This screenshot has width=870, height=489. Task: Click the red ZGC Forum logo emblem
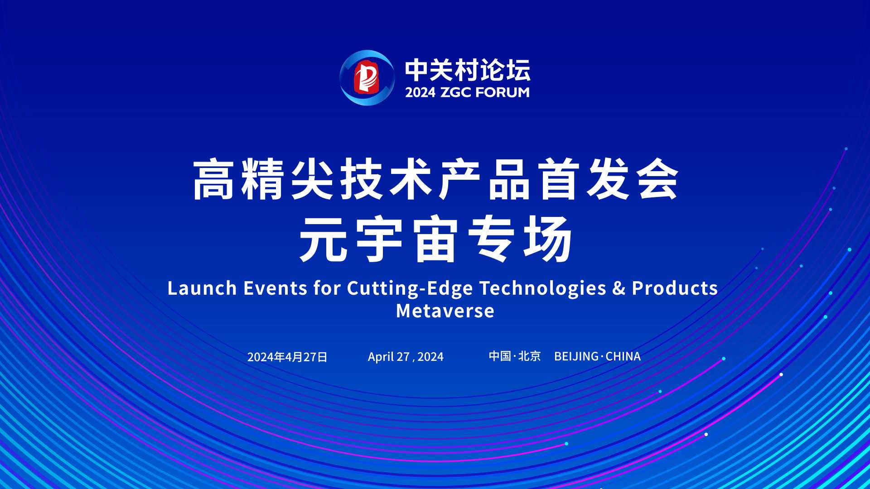(x=367, y=78)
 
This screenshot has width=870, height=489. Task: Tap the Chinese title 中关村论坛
(x=468, y=70)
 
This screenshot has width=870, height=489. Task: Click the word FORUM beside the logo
(x=503, y=92)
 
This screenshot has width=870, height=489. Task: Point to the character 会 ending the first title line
(x=658, y=179)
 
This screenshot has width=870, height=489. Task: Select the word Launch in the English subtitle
(x=202, y=288)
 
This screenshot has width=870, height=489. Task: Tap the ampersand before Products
(x=619, y=288)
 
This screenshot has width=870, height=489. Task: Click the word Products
(x=675, y=288)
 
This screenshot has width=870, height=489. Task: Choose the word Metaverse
(x=445, y=311)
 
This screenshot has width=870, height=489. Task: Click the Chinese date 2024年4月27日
(x=287, y=357)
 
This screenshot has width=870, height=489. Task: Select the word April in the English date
(x=381, y=357)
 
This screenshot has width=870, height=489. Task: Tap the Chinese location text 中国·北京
(x=515, y=356)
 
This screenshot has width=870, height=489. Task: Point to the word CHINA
(x=623, y=357)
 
